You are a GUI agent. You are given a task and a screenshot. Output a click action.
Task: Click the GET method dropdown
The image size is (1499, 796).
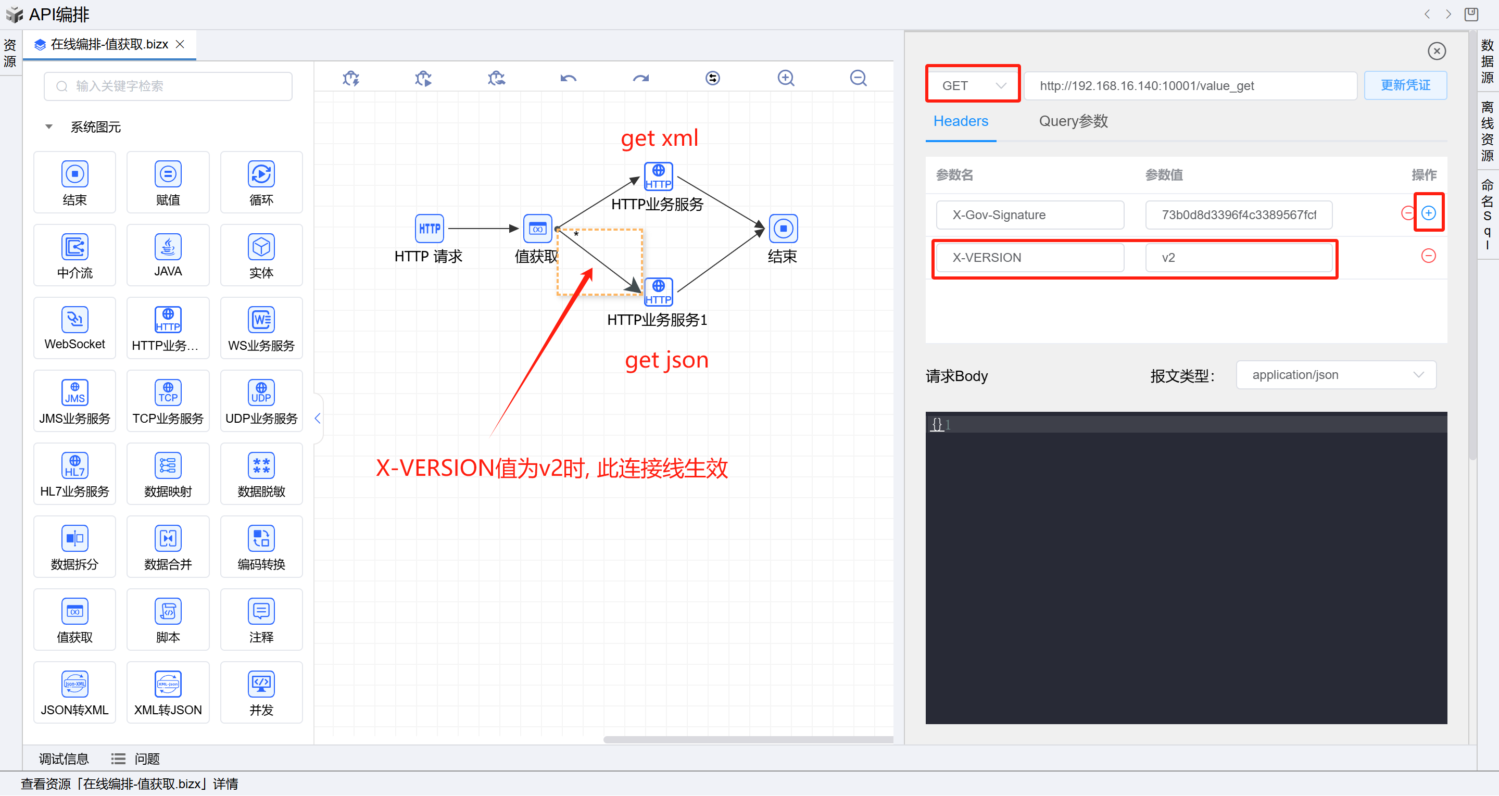click(x=973, y=85)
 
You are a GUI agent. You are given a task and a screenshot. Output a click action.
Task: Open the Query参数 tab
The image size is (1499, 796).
click(x=1073, y=121)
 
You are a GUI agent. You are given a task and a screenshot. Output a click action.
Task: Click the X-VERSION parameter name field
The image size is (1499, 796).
click(x=1029, y=257)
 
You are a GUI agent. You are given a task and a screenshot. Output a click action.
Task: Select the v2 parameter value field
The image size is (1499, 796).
click(x=1238, y=257)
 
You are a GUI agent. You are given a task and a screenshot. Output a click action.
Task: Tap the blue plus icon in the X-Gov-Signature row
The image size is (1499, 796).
click(x=1428, y=213)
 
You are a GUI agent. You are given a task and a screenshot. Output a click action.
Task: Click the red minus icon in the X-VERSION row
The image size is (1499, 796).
click(x=1428, y=256)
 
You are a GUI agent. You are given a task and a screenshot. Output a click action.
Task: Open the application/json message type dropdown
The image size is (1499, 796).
click(x=1336, y=375)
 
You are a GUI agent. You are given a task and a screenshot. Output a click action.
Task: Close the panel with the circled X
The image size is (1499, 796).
click(x=1436, y=51)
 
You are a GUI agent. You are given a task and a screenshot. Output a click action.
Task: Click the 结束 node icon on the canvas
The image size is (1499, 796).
click(x=783, y=229)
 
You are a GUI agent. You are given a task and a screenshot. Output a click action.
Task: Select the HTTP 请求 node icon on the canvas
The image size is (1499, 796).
click(x=430, y=229)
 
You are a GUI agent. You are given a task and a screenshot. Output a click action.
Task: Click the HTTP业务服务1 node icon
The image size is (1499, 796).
click(x=658, y=292)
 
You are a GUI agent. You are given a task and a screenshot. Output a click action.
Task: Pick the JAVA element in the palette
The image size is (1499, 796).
click(x=168, y=254)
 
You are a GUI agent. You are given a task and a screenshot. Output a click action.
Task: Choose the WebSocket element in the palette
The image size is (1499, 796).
click(x=74, y=327)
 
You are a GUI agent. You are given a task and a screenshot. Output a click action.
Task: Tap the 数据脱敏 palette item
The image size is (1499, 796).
click(x=261, y=473)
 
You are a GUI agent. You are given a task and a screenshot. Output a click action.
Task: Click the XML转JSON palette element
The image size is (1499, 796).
click(x=168, y=691)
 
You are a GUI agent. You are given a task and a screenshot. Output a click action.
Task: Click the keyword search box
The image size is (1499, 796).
click(x=168, y=86)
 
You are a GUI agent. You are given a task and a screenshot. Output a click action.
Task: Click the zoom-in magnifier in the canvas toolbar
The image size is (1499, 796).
click(x=786, y=78)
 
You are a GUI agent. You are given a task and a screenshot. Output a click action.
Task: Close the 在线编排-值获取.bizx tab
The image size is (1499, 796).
click(x=180, y=44)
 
